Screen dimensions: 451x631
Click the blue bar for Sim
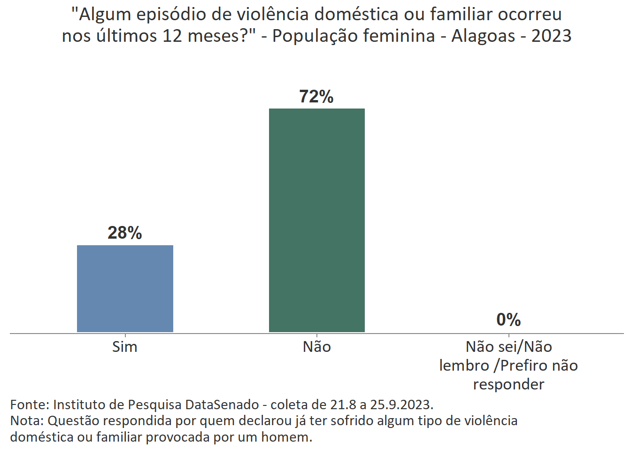pos(125,288)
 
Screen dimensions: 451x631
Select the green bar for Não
pos(316,220)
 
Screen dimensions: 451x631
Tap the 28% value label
pos(125,233)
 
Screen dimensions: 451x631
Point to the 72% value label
pos(316,96)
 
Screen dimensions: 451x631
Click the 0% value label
pos(508,320)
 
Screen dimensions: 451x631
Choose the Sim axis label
pos(125,347)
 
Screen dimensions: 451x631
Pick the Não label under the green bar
pos(317,347)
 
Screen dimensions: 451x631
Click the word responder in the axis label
pos(508,384)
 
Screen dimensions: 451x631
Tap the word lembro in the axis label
pos(464,365)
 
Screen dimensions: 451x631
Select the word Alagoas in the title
pos(483,36)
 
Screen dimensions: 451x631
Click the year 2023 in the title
pos(551,36)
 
